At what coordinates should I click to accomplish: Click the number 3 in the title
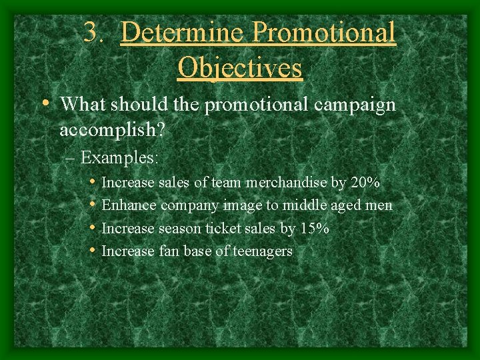click(91, 32)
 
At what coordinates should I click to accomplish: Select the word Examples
click(119, 158)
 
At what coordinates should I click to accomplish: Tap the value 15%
click(314, 229)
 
